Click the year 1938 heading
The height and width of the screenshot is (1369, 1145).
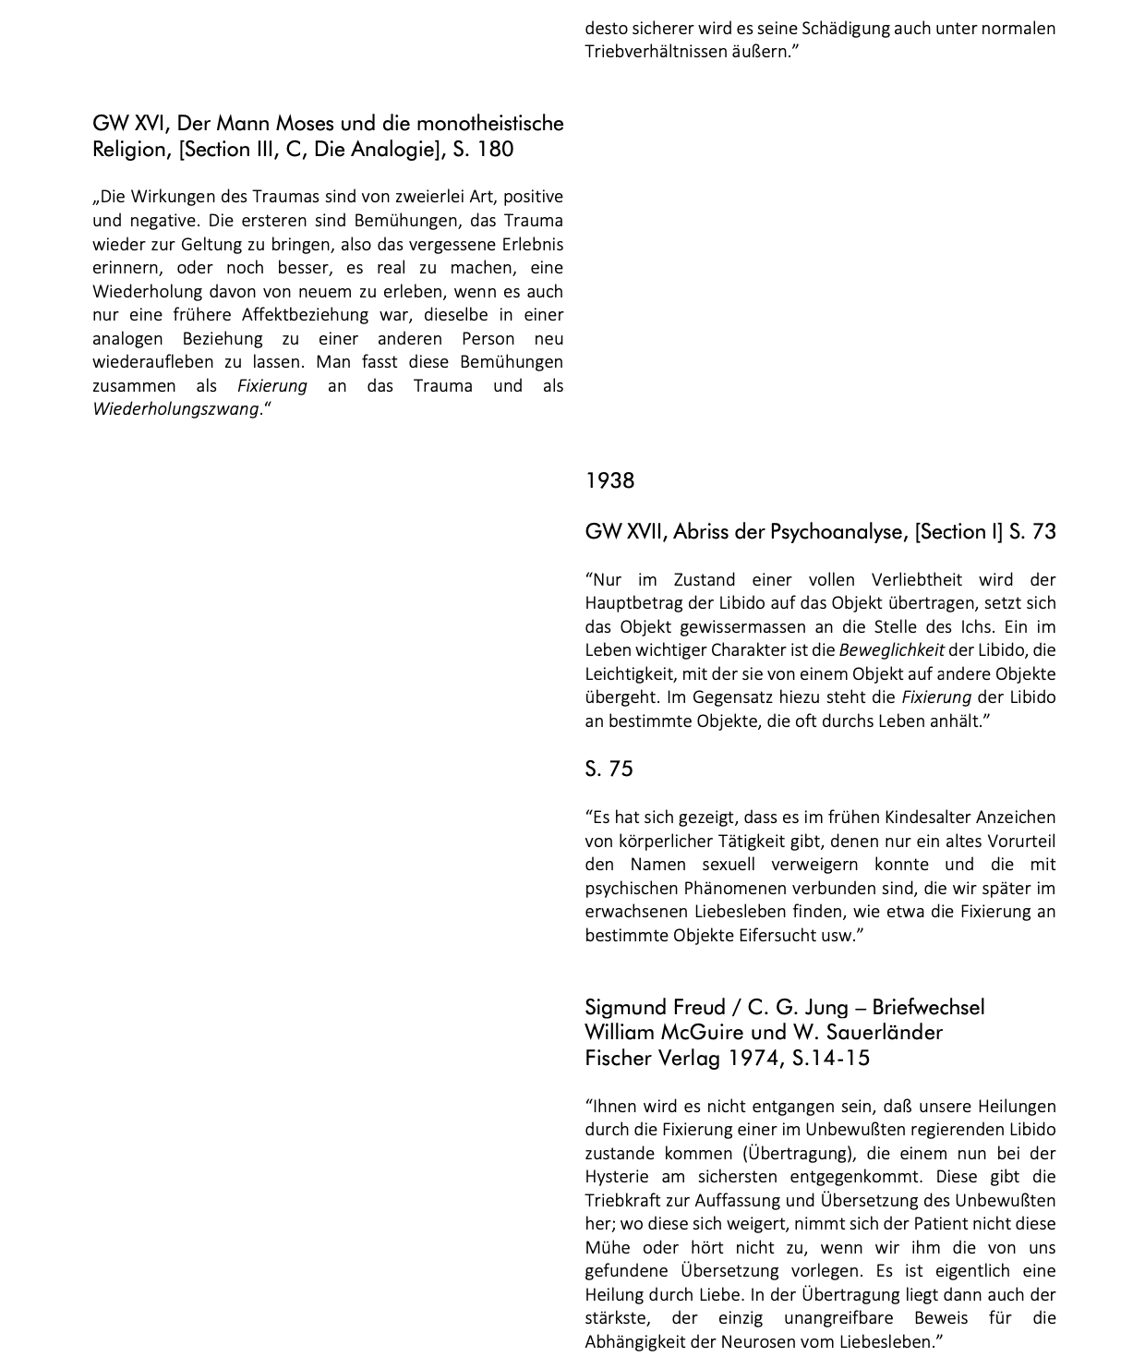(x=609, y=480)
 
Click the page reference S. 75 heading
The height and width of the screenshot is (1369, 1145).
(x=609, y=769)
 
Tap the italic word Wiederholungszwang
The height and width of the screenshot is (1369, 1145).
(x=175, y=409)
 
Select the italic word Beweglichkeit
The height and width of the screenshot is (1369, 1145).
(x=891, y=650)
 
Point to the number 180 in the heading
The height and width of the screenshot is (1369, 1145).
(x=496, y=150)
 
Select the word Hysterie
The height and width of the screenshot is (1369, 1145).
(x=616, y=1177)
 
